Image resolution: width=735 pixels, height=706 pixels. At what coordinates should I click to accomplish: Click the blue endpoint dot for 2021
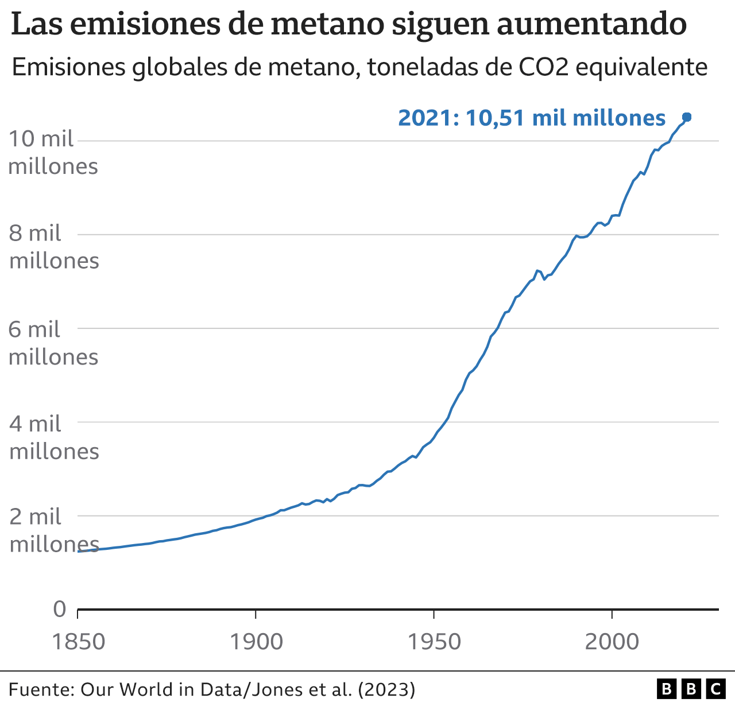[x=687, y=117]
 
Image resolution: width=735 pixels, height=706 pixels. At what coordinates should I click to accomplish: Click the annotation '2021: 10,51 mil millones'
[x=531, y=118]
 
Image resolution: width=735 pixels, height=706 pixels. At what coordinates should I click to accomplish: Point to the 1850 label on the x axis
[x=79, y=641]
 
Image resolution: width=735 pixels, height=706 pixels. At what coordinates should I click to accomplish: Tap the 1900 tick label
[x=256, y=641]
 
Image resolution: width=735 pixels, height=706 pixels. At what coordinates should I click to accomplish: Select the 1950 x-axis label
[x=434, y=641]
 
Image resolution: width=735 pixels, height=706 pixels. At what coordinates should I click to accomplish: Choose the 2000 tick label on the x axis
[x=612, y=641]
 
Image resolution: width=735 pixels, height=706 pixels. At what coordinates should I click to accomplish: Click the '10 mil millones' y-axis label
[x=53, y=153]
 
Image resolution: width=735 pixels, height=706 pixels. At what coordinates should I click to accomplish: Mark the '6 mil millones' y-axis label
[x=53, y=343]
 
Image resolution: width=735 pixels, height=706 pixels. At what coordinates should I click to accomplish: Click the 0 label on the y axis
[x=60, y=609]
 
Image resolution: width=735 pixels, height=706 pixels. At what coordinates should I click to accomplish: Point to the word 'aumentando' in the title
[x=591, y=24]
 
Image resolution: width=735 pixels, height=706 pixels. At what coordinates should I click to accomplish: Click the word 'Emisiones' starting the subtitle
[x=68, y=68]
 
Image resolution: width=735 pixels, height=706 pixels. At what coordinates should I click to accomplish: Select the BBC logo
[x=691, y=689]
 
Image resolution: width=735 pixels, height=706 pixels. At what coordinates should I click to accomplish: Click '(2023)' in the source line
[x=386, y=689]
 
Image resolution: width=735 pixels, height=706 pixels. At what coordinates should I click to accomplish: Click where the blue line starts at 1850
[x=79, y=551]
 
